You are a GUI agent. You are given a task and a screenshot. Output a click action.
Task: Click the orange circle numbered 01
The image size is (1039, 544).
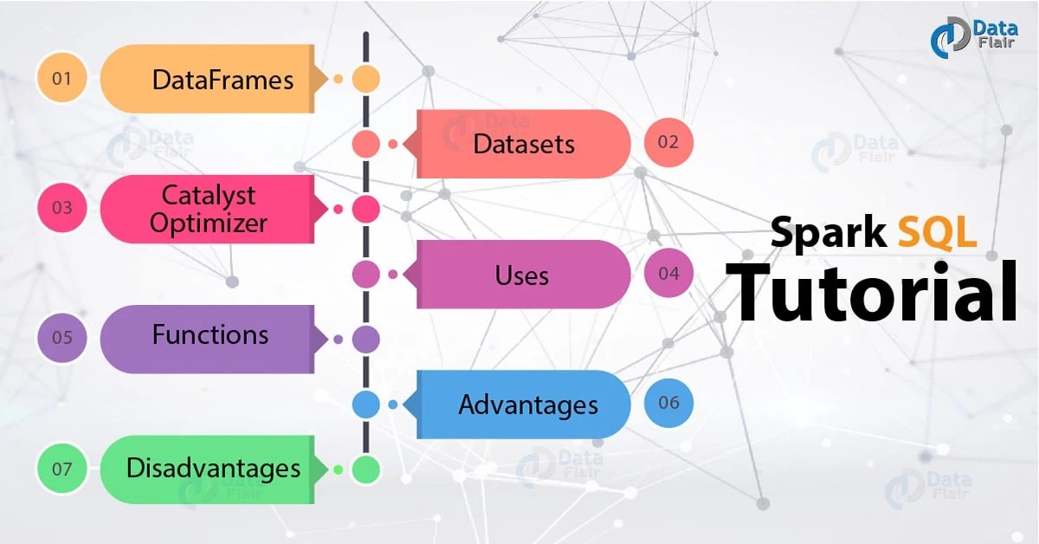tap(62, 78)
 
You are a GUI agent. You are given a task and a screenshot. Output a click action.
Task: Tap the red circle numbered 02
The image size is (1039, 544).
tap(668, 142)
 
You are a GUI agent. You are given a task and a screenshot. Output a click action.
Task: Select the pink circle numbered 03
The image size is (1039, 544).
tap(62, 208)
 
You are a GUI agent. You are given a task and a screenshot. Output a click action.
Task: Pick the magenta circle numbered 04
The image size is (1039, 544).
tap(668, 274)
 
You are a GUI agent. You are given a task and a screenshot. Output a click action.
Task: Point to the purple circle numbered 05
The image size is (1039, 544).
tap(62, 338)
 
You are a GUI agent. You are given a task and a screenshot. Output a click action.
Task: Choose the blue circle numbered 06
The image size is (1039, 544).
tap(668, 403)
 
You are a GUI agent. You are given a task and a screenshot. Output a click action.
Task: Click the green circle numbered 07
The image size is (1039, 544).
tap(62, 469)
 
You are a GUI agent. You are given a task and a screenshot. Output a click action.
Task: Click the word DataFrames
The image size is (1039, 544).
tap(223, 80)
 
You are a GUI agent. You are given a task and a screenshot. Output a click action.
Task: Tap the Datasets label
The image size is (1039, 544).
tap(524, 144)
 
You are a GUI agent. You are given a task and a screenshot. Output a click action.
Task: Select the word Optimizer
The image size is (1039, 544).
tap(209, 223)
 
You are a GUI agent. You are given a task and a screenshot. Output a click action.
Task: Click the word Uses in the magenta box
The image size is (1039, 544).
tap(522, 275)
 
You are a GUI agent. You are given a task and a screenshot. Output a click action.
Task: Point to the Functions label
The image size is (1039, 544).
tap(210, 335)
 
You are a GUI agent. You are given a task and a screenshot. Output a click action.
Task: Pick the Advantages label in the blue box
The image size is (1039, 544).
tap(528, 405)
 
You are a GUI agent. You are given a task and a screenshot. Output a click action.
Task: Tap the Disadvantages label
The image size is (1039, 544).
tap(213, 469)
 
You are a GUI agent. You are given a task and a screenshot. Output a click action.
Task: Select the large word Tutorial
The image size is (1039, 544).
tap(873, 292)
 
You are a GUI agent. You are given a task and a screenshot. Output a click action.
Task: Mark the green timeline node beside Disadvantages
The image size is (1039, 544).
tap(366, 470)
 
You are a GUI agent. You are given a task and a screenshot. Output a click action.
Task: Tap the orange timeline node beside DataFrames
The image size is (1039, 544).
tap(366, 79)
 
